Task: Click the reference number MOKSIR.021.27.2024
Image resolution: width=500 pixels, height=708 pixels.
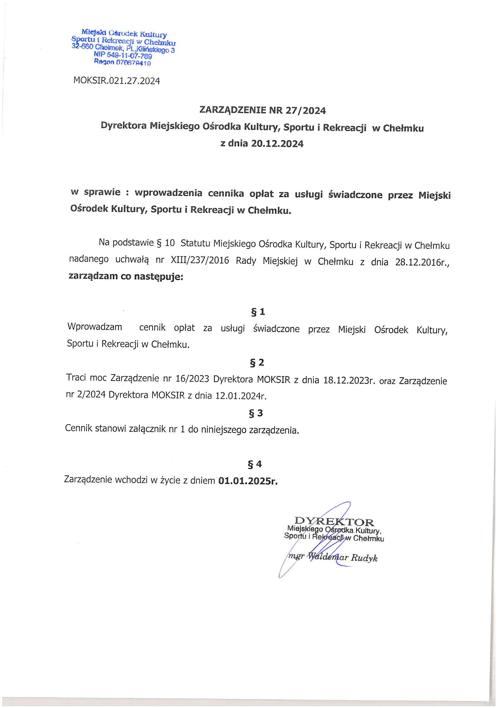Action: tap(116, 81)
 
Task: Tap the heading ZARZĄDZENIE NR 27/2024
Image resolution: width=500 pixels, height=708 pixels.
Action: tap(263, 110)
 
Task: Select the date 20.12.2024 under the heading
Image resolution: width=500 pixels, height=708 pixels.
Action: tap(277, 144)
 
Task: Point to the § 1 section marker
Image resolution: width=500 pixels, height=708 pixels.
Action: tap(258, 312)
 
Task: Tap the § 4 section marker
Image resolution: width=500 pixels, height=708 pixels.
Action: tap(255, 464)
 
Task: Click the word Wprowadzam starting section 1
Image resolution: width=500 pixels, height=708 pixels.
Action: tap(95, 327)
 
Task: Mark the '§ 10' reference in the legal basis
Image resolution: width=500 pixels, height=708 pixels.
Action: tap(166, 243)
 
